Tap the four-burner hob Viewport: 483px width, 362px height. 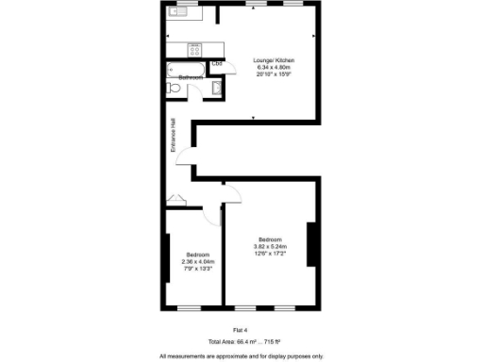196,46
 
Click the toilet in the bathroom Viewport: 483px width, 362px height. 172,88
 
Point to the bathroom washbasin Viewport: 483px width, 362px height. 217,89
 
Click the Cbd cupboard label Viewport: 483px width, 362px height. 217,64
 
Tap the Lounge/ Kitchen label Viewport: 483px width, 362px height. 272,59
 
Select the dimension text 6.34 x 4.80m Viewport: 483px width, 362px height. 272,67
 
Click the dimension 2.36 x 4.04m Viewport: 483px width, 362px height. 197,262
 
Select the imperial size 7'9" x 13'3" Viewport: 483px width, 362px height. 197,269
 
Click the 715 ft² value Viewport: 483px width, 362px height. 274,340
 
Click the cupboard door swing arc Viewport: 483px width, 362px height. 176,199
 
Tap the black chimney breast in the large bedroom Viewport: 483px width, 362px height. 310,247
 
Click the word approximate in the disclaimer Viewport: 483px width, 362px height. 225,355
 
